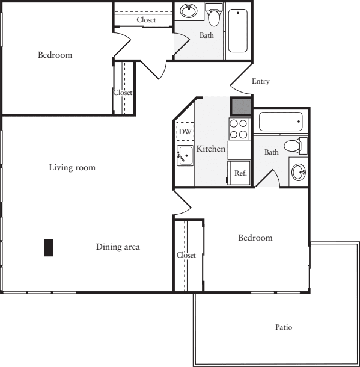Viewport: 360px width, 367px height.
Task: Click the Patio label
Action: click(x=284, y=327)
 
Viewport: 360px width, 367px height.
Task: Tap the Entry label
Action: click(x=261, y=81)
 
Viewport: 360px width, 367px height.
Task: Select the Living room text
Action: click(x=72, y=167)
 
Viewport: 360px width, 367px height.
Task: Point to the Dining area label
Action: click(x=118, y=247)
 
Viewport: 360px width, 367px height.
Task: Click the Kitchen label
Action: click(x=210, y=149)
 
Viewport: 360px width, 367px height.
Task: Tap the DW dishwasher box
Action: click(x=185, y=131)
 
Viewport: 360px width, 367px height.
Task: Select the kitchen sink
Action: click(x=185, y=155)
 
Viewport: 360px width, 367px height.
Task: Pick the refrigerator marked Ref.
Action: click(x=239, y=173)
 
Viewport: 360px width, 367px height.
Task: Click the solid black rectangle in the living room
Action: click(x=49, y=248)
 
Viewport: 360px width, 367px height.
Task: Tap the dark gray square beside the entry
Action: click(x=241, y=106)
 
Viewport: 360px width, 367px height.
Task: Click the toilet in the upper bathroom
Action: click(x=214, y=14)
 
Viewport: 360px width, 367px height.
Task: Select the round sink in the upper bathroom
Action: click(x=189, y=11)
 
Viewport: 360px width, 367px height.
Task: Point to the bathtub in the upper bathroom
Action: click(x=238, y=31)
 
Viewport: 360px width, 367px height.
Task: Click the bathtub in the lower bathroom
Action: click(x=281, y=122)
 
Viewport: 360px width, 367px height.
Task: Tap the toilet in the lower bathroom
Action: click(x=296, y=146)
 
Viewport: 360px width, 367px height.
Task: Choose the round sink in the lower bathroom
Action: click(x=299, y=172)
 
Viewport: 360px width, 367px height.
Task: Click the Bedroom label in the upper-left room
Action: click(x=55, y=55)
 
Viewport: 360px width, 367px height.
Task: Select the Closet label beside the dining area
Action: click(x=186, y=255)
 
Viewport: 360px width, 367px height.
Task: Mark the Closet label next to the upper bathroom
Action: click(x=146, y=20)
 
